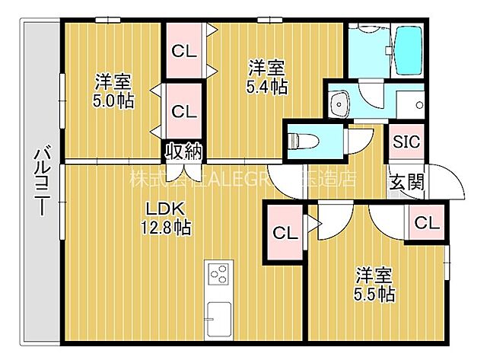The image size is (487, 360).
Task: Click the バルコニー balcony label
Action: [42, 183]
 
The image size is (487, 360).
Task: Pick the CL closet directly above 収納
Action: [183, 110]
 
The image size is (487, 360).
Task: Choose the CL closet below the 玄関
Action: [428, 223]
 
